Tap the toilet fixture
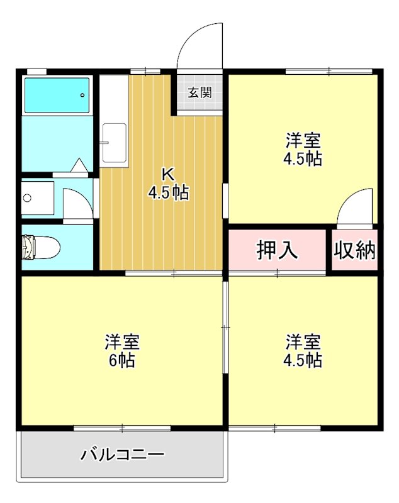(x=40, y=247)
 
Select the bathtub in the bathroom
(x=57, y=95)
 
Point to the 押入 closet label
(x=277, y=250)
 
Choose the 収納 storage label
(x=354, y=250)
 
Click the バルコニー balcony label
(x=123, y=454)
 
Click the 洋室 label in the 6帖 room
(x=121, y=343)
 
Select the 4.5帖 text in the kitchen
(x=168, y=192)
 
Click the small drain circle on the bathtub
(x=83, y=95)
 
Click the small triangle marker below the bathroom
(x=79, y=165)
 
